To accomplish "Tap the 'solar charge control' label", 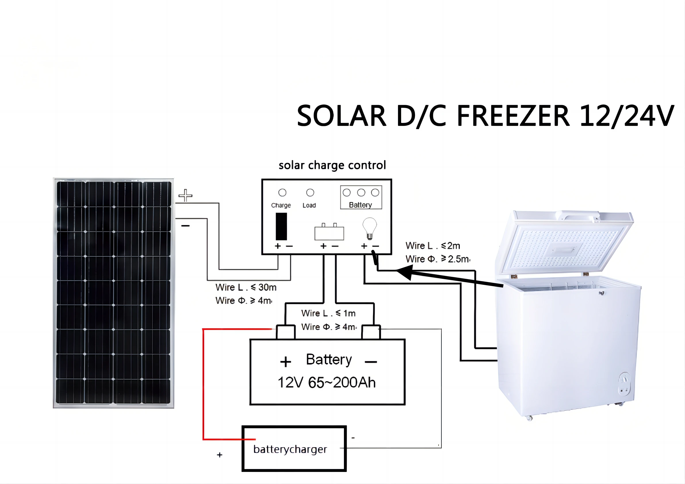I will pyautogui.click(x=332, y=165).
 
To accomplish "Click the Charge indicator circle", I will pyautogui.click(x=282, y=193).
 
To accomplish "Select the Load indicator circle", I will pyautogui.click(x=310, y=193).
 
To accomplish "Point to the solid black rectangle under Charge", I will pyautogui.click(x=281, y=226).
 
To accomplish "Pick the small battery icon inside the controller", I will pyautogui.click(x=329, y=232).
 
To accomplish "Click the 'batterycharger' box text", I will pyautogui.click(x=290, y=449).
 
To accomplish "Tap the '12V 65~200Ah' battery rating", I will pyautogui.click(x=326, y=382).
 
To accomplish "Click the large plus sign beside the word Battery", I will pyautogui.click(x=286, y=362).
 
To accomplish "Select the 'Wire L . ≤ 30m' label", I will pyautogui.click(x=246, y=287).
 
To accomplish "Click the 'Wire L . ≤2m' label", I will pyautogui.click(x=433, y=246).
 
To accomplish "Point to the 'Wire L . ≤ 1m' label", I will pyautogui.click(x=328, y=313).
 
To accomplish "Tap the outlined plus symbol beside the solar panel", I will pyautogui.click(x=185, y=195).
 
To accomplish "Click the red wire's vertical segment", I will pyautogui.click(x=203, y=385).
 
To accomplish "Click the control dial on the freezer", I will pyautogui.click(x=624, y=379).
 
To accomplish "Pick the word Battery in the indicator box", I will pyautogui.click(x=360, y=205).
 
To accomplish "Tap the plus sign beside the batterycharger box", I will pyautogui.click(x=220, y=455).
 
